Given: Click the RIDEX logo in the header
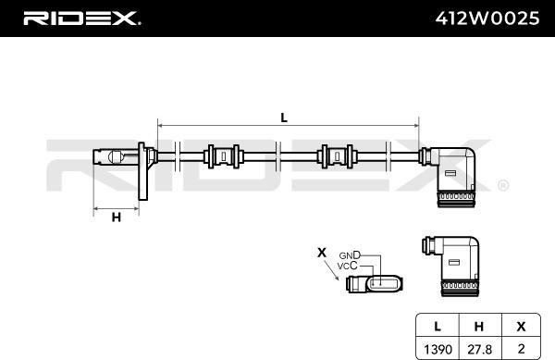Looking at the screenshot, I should point(80,18).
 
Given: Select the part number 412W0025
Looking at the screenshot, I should point(487,18).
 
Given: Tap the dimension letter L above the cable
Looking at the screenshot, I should point(284,118).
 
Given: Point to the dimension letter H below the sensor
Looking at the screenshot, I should point(117,217).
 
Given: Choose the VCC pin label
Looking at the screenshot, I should point(347,267).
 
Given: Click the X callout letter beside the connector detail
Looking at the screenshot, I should point(322,251).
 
